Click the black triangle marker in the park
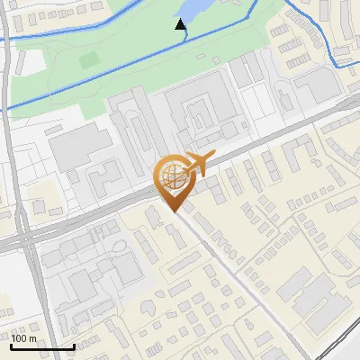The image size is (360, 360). (181, 25)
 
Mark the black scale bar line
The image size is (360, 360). (41, 346)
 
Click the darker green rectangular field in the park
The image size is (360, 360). (88, 60)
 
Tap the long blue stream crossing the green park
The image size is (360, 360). (108, 76)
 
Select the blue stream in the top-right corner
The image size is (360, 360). (324, 36)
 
